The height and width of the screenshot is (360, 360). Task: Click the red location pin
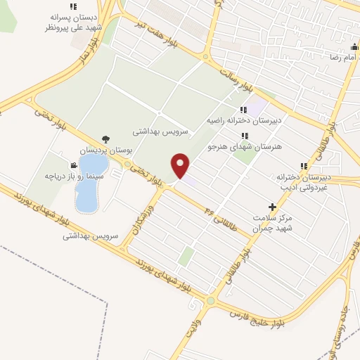point(181,165)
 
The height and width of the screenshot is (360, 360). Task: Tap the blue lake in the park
point(91,184)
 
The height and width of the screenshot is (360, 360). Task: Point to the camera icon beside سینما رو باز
point(73,165)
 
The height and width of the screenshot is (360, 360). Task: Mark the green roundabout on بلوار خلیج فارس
point(210,302)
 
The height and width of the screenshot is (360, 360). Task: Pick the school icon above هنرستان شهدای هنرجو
point(244,136)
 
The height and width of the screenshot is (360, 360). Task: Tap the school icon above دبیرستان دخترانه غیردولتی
point(304,166)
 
